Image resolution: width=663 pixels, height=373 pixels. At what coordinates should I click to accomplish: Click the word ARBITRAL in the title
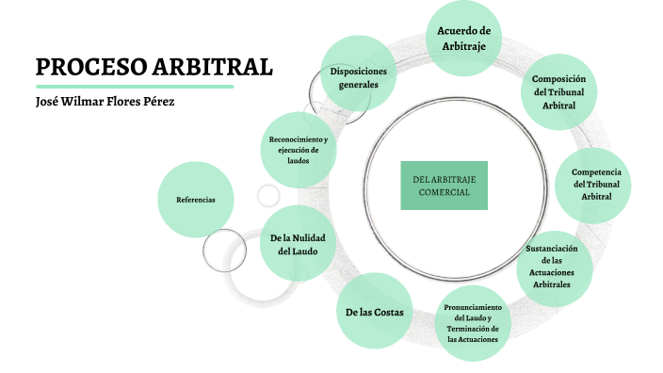213,68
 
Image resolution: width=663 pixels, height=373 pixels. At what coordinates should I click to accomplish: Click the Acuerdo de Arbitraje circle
464,39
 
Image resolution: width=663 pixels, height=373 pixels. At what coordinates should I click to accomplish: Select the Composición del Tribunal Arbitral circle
558,92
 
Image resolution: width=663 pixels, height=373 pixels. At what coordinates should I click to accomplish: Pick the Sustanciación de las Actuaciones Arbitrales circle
558,267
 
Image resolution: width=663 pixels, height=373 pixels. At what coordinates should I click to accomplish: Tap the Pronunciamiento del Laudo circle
473,323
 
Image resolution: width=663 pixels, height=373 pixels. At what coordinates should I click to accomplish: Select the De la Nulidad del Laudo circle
297,244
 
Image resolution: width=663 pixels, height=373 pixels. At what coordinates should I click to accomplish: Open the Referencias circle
196,200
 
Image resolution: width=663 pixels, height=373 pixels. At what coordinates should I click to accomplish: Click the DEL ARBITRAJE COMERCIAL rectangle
444,186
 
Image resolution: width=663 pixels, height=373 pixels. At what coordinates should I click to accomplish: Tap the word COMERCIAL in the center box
444,192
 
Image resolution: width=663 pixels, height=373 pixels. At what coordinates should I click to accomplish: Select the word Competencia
596,171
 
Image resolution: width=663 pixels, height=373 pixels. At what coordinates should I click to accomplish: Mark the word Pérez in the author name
157,101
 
